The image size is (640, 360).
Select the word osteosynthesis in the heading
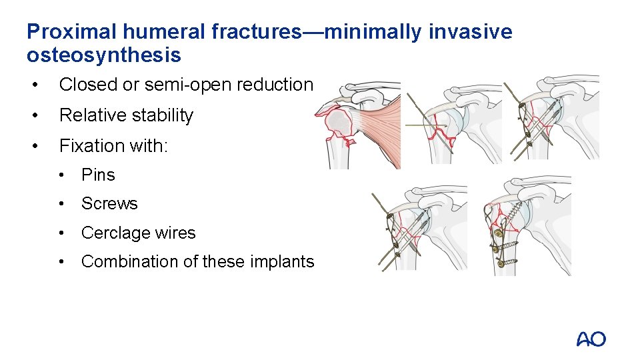[x=104, y=55]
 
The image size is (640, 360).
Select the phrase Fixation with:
[x=113, y=145]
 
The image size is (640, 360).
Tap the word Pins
[x=98, y=175]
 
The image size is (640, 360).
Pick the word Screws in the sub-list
[x=109, y=204]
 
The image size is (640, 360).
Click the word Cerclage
[x=111, y=233]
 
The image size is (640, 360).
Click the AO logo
[x=591, y=339]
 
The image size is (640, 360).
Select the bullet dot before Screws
[x=64, y=204]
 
